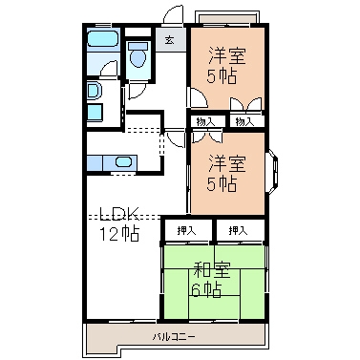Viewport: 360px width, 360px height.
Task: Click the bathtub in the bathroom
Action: (103, 39)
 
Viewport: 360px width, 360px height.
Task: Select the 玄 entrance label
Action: (169, 40)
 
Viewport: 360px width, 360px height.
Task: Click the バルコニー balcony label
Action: (174, 336)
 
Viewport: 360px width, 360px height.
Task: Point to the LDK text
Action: (118, 214)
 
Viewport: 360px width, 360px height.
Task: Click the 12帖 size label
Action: (119, 234)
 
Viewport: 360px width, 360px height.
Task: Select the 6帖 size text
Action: (207, 289)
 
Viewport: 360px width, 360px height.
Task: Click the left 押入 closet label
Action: (186, 230)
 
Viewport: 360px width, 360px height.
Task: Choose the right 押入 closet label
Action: (238, 230)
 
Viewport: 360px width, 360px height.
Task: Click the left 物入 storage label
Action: (206, 121)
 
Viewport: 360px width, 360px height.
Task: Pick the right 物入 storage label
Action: (244, 121)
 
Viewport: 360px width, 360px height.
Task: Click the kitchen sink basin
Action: (123, 162)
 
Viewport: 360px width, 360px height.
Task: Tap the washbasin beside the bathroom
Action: (94, 91)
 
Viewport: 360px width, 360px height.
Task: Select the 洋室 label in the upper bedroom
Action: (227, 56)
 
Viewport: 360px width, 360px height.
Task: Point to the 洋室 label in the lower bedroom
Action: (227, 163)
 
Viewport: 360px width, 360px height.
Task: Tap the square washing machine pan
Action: (95, 113)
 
